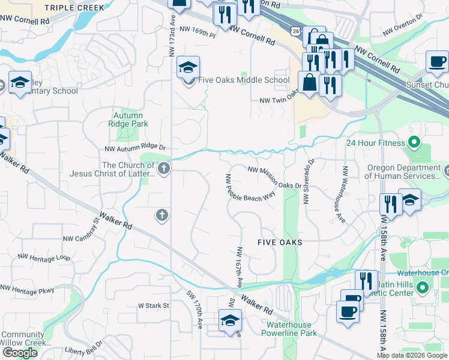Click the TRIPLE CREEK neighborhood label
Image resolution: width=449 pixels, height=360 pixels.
point(74,8)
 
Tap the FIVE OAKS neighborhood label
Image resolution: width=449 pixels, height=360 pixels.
point(279,242)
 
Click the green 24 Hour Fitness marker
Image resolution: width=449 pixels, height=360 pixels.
point(414,143)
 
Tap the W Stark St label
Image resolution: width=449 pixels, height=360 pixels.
point(154,305)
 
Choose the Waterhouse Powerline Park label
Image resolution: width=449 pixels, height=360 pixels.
point(291,329)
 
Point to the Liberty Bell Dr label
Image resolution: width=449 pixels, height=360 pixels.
point(85,346)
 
